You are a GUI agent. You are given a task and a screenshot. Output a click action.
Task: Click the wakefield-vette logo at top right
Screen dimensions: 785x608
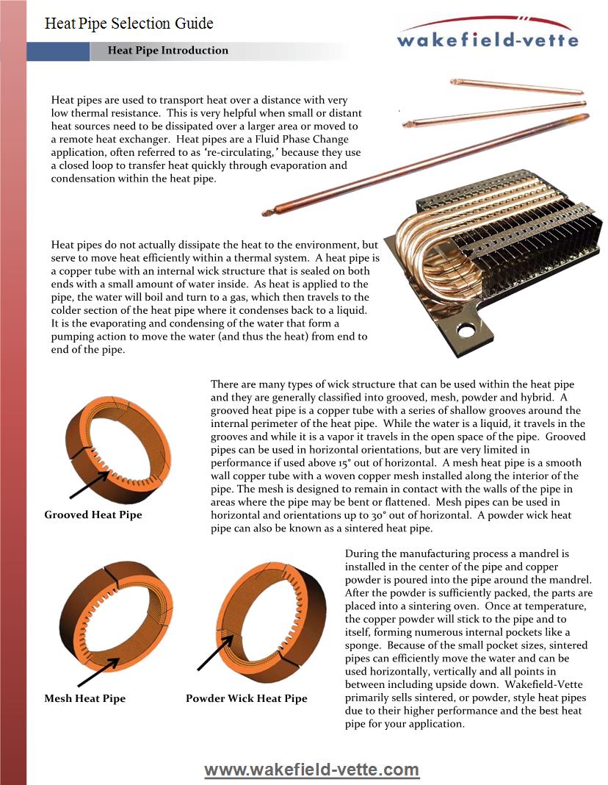487,34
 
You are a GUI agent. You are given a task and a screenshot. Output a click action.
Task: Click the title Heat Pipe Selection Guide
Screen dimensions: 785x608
129,24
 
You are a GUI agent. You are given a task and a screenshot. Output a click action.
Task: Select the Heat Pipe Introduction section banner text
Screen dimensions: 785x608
167,51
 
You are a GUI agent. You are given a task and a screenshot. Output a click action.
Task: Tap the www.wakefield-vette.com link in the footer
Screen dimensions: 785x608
311,770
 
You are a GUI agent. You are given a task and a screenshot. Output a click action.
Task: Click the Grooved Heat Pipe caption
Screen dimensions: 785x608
93,515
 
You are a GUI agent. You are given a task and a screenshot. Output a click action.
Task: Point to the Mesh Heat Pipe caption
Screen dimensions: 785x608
85,698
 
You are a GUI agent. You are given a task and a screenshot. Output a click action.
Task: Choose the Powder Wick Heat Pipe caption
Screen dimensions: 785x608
247,698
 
